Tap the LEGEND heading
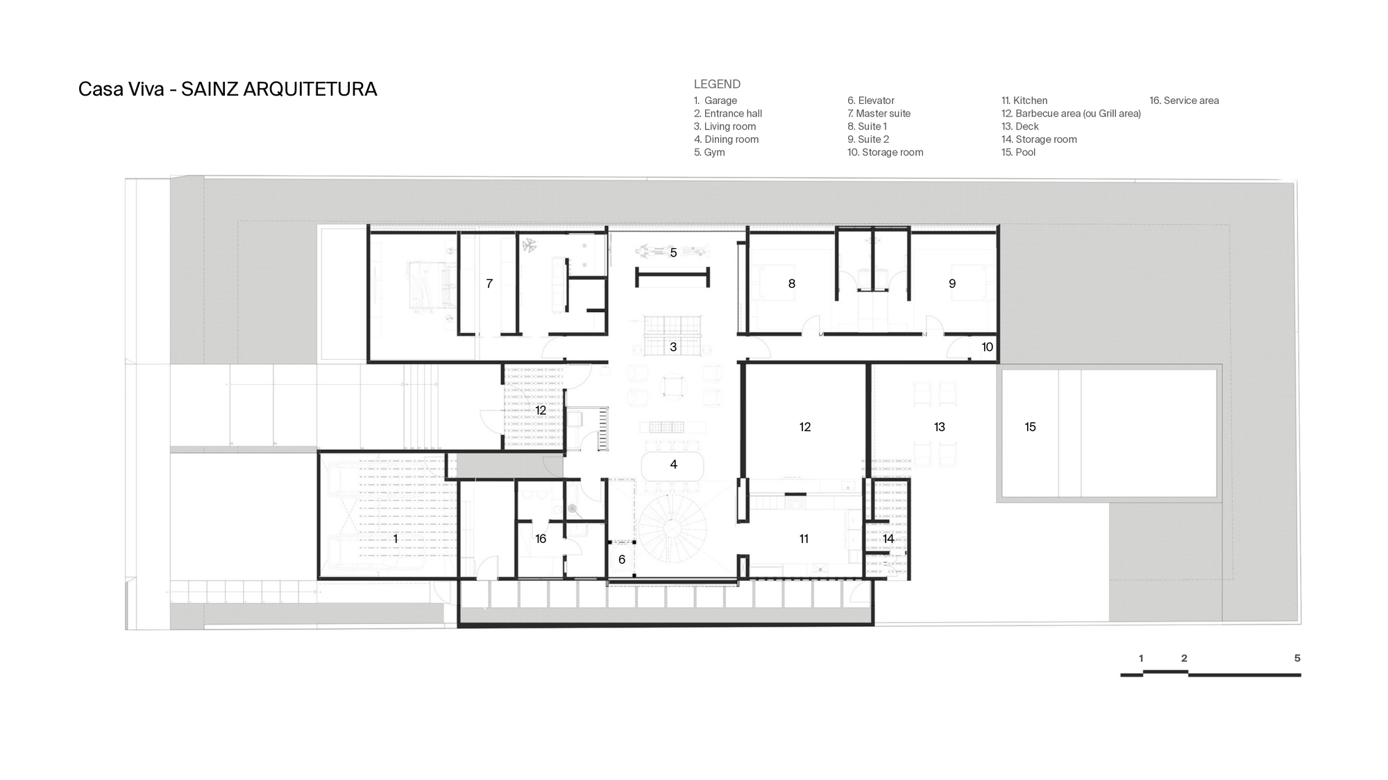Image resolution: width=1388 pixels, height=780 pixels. click(717, 84)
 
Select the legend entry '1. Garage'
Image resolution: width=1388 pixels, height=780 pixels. click(716, 101)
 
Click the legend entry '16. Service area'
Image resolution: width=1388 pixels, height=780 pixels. click(1184, 101)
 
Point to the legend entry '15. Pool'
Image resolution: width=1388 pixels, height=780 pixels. click(1018, 153)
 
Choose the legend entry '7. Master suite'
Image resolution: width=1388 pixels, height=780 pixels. click(879, 114)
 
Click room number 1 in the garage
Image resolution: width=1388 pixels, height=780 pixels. click(396, 539)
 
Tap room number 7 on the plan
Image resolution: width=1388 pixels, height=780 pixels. click(489, 284)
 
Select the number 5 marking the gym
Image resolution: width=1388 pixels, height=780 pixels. click(673, 253)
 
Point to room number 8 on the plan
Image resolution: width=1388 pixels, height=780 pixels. click(791, 284)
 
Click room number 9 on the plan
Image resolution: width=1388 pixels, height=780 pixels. click(952, 284)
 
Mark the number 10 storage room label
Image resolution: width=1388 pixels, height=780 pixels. click(987, 347)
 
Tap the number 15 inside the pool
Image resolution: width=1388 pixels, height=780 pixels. click(1030, 427)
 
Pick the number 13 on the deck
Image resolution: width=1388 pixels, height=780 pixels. click(939, 427)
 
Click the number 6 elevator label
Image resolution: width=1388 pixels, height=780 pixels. click(622, 560)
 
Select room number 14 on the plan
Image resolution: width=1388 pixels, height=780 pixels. click(888, 539)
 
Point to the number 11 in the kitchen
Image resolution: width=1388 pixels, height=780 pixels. click(804, 539)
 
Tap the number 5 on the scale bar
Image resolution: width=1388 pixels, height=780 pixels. click(1297, 658)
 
